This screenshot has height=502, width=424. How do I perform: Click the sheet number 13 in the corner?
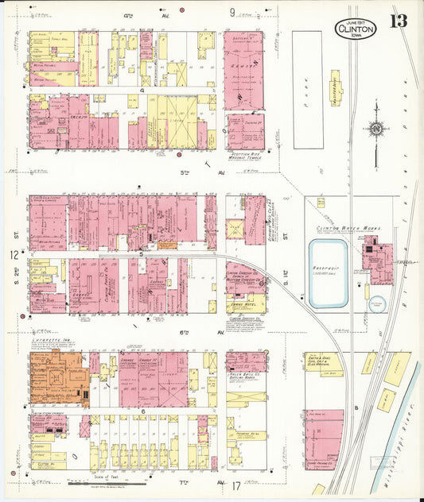pyautogui.click(x=398, y=21)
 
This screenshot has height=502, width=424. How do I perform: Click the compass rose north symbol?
pyautogui.click(x=375, y=129)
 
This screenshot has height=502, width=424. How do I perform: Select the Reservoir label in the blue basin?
pyautogui.click(x=328, y=268)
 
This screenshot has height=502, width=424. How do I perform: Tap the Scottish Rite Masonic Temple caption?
pyautogui.click(x=244, y=156)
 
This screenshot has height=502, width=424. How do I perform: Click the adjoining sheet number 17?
pyautogui.click(x=235, y=485)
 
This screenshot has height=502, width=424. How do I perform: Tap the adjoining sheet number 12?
pyautogui.click(x=14, y=255)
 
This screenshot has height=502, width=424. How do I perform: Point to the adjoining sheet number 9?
pyautogui.click(x=233, y=13)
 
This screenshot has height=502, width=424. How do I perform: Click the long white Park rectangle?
pyautogui.click(x=308, y=89)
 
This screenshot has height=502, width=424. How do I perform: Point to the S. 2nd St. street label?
pyautogui.click(x=14, y=232)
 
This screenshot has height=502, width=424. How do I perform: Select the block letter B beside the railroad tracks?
pyautogui.click(x=356, y=409)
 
